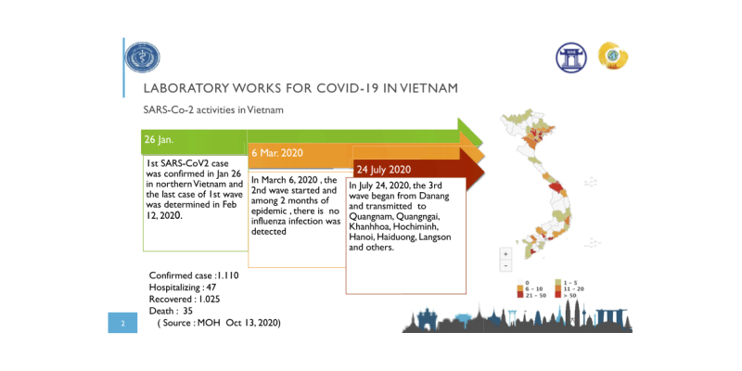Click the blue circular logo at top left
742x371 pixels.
143,58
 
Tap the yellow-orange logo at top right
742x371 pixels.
613,57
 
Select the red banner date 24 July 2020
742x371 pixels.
383,170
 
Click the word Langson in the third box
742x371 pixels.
458,237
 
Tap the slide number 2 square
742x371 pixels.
122,324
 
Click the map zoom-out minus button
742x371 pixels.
505,266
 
